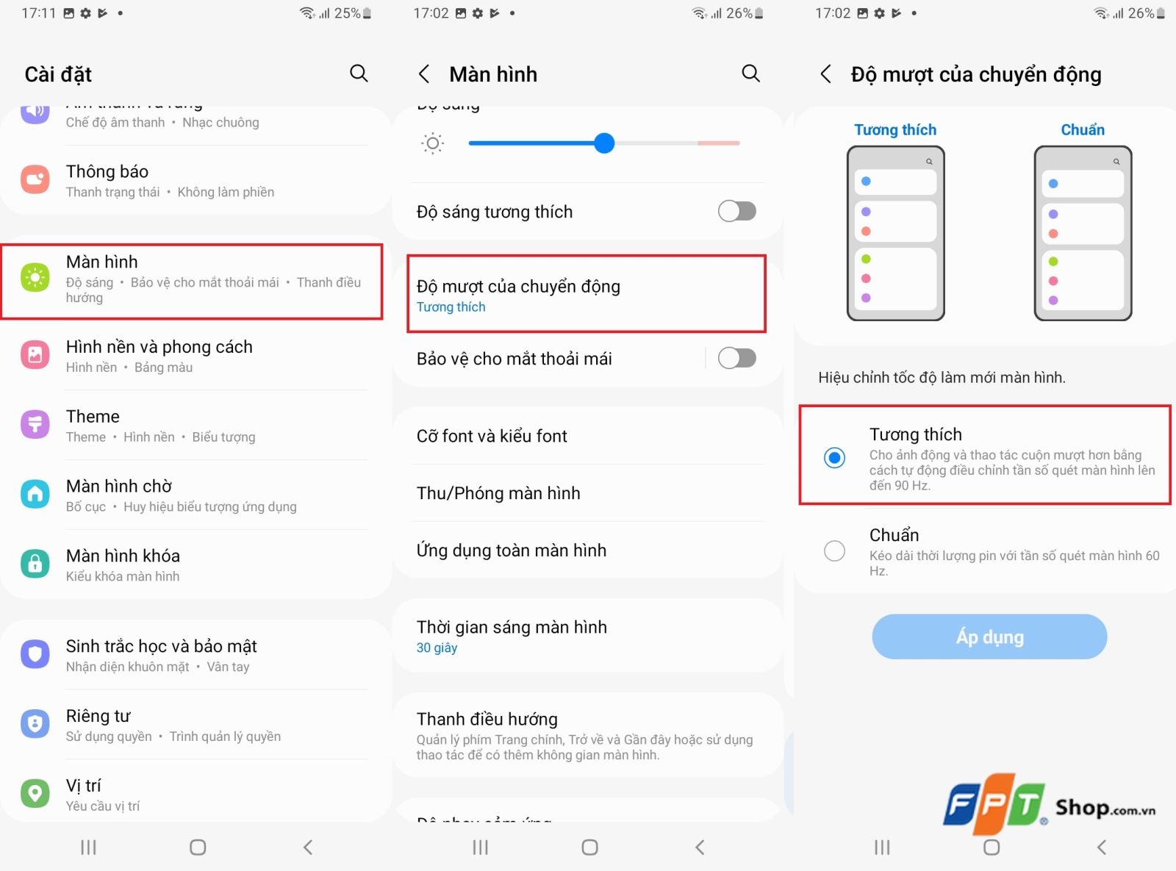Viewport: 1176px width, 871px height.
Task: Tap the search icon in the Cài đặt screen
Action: [359, 74]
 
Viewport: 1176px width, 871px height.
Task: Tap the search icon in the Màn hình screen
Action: [750, 74]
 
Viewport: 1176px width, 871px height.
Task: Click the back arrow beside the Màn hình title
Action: [424, 74]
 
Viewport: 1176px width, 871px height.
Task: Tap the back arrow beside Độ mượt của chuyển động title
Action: [826, 74]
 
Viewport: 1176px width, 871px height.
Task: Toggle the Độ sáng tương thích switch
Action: [736, 212]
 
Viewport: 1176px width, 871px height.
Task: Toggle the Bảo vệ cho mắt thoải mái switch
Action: [736, 359]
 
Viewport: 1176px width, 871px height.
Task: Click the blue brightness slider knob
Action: [604, 143]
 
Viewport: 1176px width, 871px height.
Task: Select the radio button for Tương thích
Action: [834, 458]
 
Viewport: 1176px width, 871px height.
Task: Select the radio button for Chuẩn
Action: [834, 551]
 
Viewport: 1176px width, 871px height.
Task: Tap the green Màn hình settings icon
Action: [35, 278]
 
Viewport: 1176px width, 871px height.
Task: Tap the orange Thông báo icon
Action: [35, 179]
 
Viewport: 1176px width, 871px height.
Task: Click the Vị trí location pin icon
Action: [35, 793]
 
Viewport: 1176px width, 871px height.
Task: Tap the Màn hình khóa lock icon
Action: [35, 564]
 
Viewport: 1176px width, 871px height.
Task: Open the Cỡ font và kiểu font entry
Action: [492, 436]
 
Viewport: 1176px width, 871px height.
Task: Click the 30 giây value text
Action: [437, 648]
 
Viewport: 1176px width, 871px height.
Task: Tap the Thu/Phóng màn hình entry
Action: [498, 493]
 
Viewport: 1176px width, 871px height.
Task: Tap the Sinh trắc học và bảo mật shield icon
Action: [35, 654]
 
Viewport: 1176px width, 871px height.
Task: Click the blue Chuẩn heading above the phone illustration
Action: [1082, 130]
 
